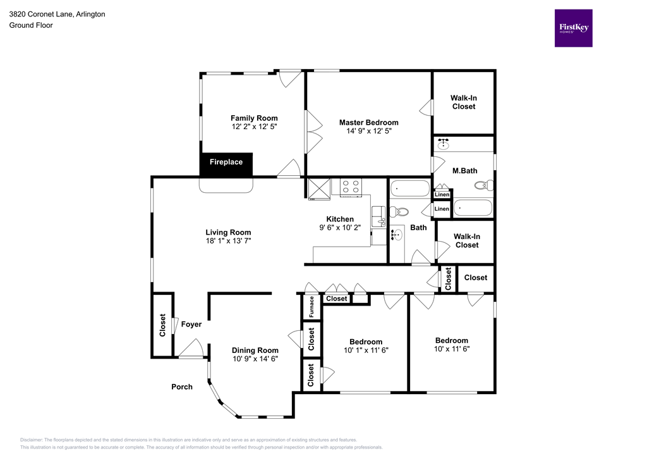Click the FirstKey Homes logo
pyautogui.click(x=573, y=28)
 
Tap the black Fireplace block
pyautogui.click(x=226, y=163)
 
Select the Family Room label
pyautogui.click(x=254, y=118)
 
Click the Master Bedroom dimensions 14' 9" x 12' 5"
pyautogui.click(x=368, y=132)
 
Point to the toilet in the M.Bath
pyautogui.click(x=483, y=186)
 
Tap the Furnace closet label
pyautogui.click(x=311, y=307)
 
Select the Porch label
pyautogui.click(x=182, y=387)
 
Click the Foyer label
pyautogui.click(x=191, y=325)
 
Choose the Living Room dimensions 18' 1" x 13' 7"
pyautogui.click(x=228, y=241)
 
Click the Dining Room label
pyautogui.click(x=255, y=350)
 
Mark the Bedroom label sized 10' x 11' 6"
pyautogui.click(x=451, y=340)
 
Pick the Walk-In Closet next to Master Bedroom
pyautogui.click(x=463, y=102)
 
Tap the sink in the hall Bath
pyautogui.click(x=396, y=235)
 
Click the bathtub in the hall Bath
pyautogui.click(x=409, y=188)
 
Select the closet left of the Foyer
pyautogui.click(x=162, y=325)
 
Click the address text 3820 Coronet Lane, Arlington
pyautogui.click(x=57, y=14)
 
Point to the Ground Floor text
pyautogui.click(x=31, y=25)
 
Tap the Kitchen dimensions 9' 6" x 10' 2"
pyautogui.click(x=340, y=228)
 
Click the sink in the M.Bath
pyautogui.click(x=444, y=144)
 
